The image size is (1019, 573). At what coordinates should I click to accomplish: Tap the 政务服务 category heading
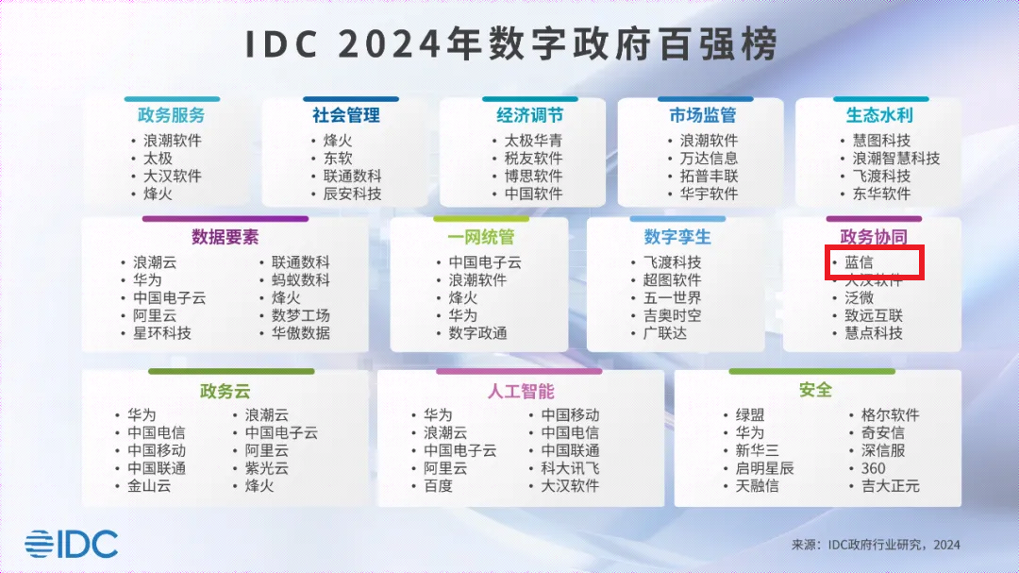pos(171,115)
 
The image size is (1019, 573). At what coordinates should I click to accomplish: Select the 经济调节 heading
pos(529,115)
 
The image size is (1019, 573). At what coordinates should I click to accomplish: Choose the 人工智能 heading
pos(521,391)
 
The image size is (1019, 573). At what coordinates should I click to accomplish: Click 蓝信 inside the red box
pos(859,262)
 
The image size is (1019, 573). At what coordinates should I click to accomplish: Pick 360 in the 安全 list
pos(874,468)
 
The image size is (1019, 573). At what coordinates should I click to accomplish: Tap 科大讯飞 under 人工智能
pos(570,468)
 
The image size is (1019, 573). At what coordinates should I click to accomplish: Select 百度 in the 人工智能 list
pos(438,486)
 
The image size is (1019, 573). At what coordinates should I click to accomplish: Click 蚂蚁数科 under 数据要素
pos(301,280)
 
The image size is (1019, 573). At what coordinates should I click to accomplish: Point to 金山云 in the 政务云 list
pos(149,486)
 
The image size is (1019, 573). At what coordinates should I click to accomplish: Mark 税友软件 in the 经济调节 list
pos(533,159)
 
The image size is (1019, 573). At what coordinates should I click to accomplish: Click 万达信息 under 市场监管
pos(709,159)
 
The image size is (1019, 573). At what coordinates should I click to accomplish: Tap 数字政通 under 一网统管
pos(477,333)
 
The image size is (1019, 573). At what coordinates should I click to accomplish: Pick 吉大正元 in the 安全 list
pos(890,486)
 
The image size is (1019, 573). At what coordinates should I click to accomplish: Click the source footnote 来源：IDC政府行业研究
pos(876,545)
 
